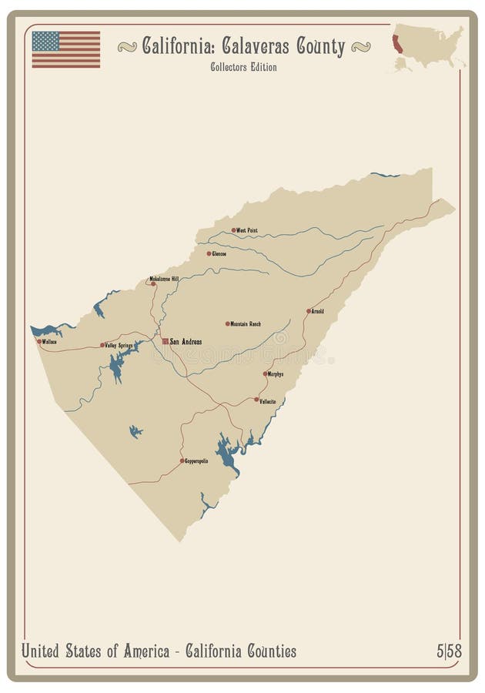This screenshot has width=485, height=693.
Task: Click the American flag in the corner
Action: click(65, 49)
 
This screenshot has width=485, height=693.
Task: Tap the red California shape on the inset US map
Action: click(397, 44)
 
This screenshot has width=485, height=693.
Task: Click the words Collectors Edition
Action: click(243, 67)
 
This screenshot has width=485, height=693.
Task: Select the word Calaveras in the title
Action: click(255, 47)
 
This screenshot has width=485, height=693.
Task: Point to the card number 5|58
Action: click(449, 651)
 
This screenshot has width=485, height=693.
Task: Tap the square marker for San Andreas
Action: click(165, 341)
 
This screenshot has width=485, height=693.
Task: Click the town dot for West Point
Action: click(233, 229)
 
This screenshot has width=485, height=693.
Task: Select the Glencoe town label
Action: click(219, 253)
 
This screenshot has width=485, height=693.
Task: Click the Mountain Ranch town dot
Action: click(227, 323)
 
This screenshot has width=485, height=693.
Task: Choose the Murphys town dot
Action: click(265, 374)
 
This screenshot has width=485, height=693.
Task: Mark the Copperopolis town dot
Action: click(182, 460)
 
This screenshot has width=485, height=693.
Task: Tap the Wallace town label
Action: click(49, 341)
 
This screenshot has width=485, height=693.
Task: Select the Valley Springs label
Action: click(119, 346)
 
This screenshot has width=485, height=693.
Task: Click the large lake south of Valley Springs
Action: click(116, 368)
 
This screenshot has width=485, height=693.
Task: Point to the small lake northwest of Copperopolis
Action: click(135, 431)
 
